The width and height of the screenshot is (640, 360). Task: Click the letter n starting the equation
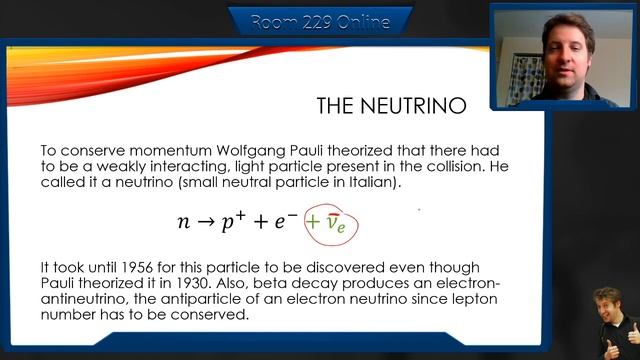coord(183,222)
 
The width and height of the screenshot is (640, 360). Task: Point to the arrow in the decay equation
coord(206,222)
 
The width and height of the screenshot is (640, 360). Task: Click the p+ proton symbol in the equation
coord(234,220)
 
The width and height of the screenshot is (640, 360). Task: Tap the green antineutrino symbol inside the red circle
coord(337,223)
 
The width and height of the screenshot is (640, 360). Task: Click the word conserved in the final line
coord(211,314)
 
